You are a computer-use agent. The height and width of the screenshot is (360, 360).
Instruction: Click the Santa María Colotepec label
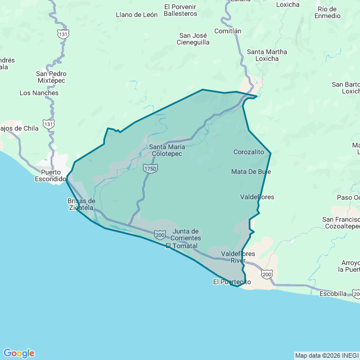(167, 150)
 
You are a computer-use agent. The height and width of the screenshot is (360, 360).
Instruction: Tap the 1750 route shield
(150, 168)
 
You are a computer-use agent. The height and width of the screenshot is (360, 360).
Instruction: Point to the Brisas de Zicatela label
(81, 204)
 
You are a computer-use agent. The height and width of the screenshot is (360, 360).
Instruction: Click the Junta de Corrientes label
(186, 235)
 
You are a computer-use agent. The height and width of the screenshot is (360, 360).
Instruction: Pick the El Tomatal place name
(182, 246)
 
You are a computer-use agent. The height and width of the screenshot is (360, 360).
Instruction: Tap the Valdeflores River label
(238, 257)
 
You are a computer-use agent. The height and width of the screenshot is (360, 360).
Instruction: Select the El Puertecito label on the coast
(232, 281)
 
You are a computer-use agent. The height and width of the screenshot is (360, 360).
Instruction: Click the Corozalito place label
(249, 152)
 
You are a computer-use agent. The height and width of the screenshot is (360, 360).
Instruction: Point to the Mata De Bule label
(251, 171)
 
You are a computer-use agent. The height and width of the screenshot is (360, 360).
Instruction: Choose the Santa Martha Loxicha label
(267, 55)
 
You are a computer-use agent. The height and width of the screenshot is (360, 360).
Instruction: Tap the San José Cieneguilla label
(193, 38)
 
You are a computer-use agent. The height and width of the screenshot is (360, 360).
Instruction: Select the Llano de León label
(137, 15)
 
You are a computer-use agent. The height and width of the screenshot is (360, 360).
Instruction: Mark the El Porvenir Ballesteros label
(181, 10)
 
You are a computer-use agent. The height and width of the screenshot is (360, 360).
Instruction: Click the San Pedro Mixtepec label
(51, 77)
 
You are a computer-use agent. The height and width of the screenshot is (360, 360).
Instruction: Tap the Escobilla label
(332, 294)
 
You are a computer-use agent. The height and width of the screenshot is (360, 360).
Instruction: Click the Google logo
(19, 353)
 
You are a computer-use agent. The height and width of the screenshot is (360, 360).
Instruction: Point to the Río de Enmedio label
(328, 12)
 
